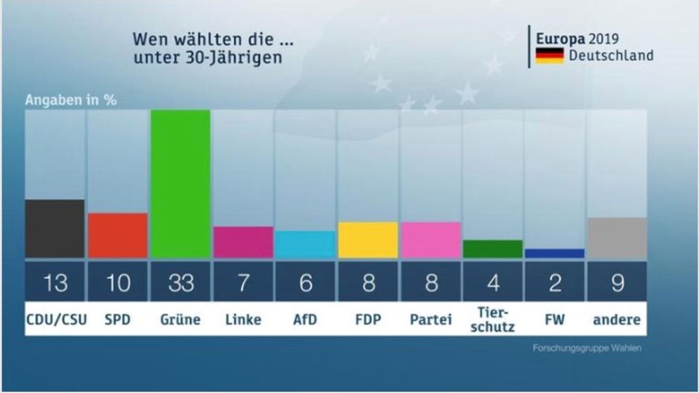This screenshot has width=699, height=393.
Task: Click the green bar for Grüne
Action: coord(180,184)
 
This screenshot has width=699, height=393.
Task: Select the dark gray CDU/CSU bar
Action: coord(55,228)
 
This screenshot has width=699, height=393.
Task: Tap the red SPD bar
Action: coord(118,235)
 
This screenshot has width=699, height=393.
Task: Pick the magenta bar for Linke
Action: coord(243,242)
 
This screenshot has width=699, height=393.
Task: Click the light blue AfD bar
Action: coord(306,244)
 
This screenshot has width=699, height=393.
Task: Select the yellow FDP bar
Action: coord(368,240)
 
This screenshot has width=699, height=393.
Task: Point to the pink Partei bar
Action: coord(430,240)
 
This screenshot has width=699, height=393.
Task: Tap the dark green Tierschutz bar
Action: coord(492,249)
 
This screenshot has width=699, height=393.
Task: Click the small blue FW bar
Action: coord(554,253)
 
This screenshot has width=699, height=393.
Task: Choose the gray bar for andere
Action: coord(617,238)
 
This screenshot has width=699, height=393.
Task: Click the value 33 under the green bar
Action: coord(180,282)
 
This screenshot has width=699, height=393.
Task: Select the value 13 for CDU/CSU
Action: coord(55,282)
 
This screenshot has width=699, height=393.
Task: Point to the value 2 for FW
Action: coord(554,282)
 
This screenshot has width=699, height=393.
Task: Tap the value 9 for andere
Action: coord(617,282)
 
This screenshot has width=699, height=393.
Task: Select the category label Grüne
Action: coord(180,319)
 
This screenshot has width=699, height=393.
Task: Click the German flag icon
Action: coord(550,56)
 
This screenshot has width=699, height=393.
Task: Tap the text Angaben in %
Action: coord(71,101)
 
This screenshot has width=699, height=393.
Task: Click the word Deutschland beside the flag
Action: coord(611,55)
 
